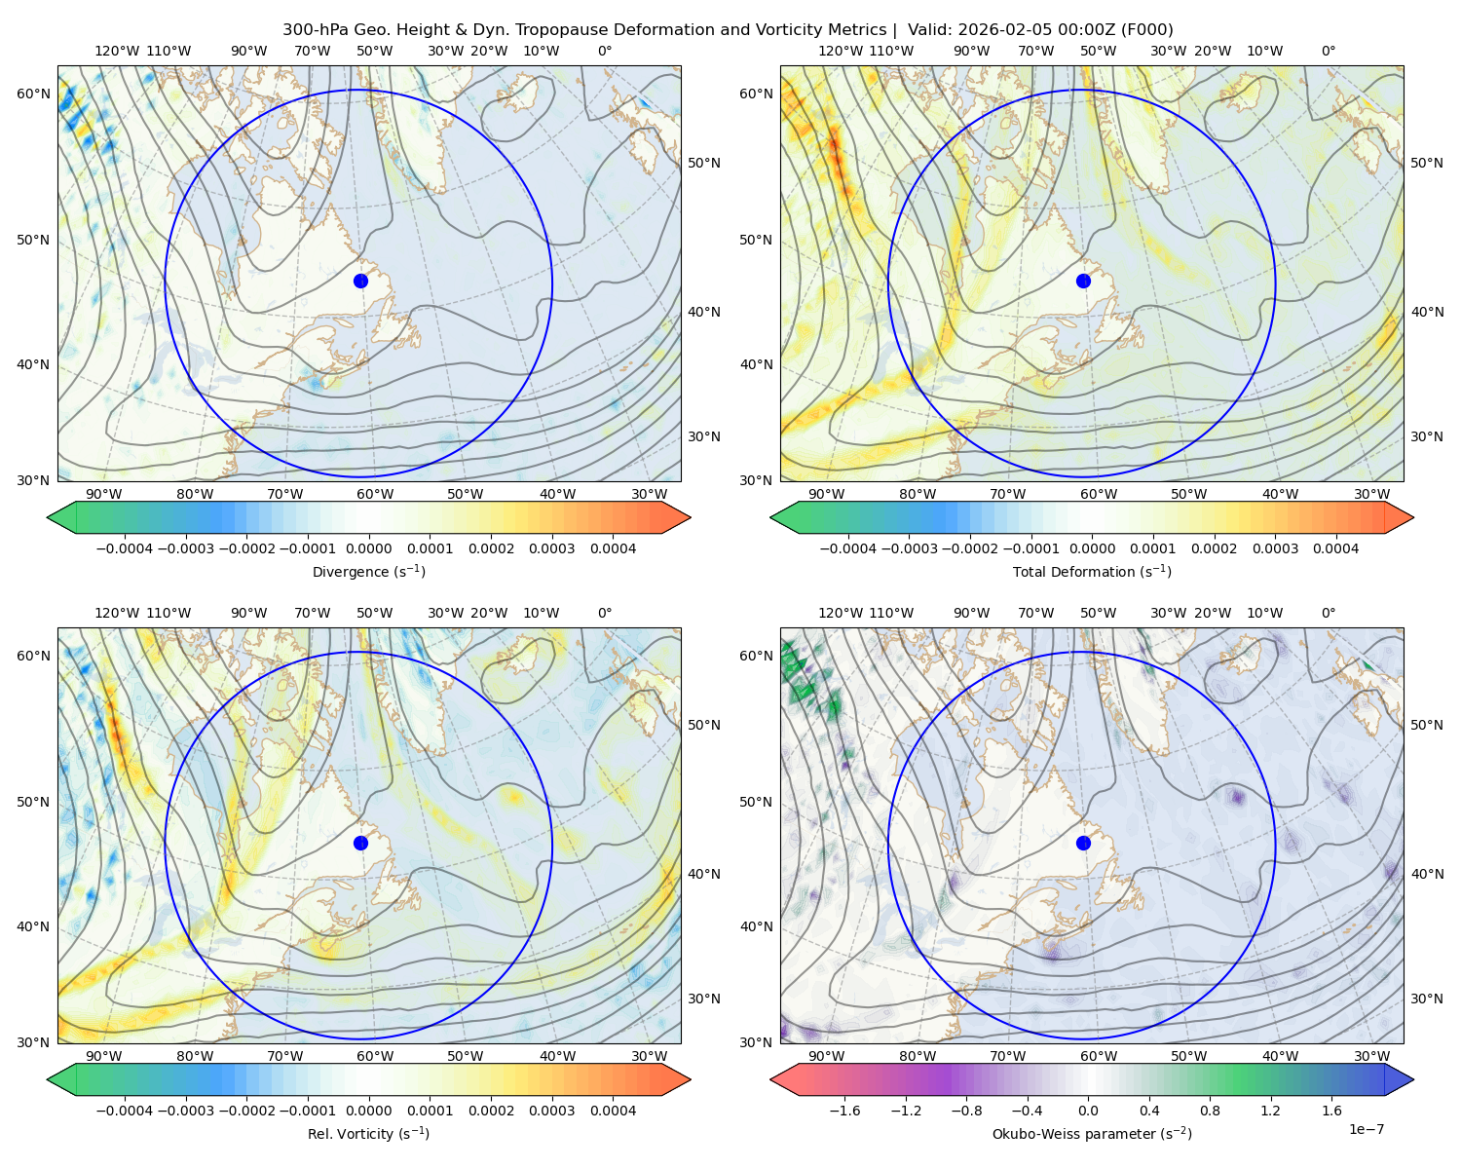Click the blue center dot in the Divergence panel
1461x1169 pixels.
pos(360,281)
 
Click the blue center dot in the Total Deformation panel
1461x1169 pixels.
pos(1083,281)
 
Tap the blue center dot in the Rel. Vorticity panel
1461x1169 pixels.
pos(360,843)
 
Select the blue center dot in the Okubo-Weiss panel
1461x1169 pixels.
pos(1083,843)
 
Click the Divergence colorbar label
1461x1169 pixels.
pos(368,572)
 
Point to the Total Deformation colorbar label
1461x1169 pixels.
pos(1092,572)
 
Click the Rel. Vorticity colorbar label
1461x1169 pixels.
pos(368,1134)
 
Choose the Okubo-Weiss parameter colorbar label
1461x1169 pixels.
pos(1092,1134)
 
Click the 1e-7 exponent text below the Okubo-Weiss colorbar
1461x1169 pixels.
pos(1367,1129)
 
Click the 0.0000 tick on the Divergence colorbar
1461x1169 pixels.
pos(368,548)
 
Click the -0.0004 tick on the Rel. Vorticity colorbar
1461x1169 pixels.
pos(125,1111)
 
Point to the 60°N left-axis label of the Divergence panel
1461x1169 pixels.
pos(34,94)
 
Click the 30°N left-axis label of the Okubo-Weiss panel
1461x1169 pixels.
pos(757,1042)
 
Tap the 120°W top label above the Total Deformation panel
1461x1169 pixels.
pos(840,51)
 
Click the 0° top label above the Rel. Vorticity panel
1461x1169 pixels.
pos(605,613)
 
